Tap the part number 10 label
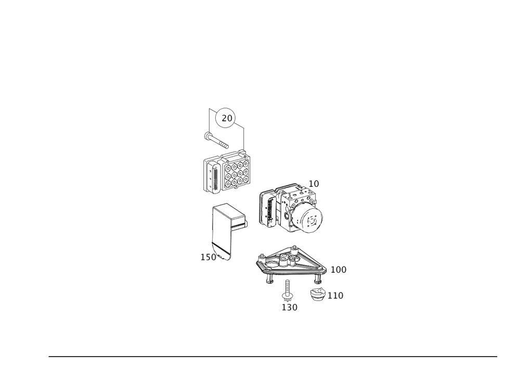coord(314,184)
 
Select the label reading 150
coord(209,257)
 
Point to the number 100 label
coord(339,270)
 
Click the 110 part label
coord(335,296)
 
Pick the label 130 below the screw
coord(290,308)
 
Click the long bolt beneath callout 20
coord(216,139)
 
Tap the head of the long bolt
coord(207,135)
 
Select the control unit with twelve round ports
coord(227,171)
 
